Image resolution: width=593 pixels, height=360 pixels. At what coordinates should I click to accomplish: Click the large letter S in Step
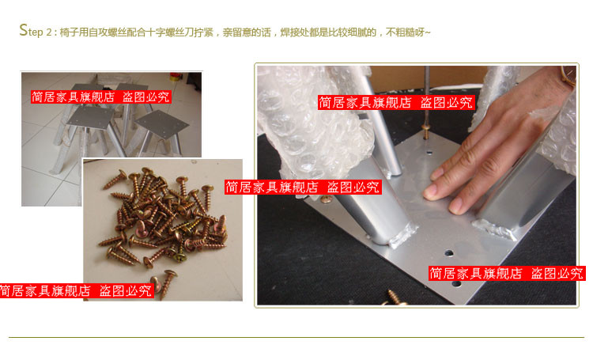(x=24, y=30)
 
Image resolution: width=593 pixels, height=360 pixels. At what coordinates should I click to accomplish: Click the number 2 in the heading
(x=49, y=32)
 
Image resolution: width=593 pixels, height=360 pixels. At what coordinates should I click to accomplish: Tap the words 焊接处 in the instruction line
(x=294, y=32)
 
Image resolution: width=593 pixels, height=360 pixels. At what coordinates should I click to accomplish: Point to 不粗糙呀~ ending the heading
(x=409, y=32)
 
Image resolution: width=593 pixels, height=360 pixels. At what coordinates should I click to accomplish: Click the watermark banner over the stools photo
(x=101, y=97)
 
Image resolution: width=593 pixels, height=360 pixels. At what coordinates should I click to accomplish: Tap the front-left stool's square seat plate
(x=90, y=117)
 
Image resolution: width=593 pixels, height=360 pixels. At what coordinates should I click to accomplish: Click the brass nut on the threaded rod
(x=426, y=131)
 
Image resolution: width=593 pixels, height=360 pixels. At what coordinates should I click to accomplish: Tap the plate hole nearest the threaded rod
(x=429, y=153)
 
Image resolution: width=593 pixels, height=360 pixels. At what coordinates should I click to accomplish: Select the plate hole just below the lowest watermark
(x=456, y=283)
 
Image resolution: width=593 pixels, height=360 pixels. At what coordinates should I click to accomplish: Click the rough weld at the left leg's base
(x=401, y=235)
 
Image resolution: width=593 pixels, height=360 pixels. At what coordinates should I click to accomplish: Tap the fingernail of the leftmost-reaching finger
(x=429, y=193)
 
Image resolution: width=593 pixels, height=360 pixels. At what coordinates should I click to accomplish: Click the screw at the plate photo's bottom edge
(x=394, y=298)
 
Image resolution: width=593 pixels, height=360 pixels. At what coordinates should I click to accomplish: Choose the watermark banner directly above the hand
(x=396, y=102)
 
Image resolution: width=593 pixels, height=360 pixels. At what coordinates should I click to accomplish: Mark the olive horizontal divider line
(x=296, y=337)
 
